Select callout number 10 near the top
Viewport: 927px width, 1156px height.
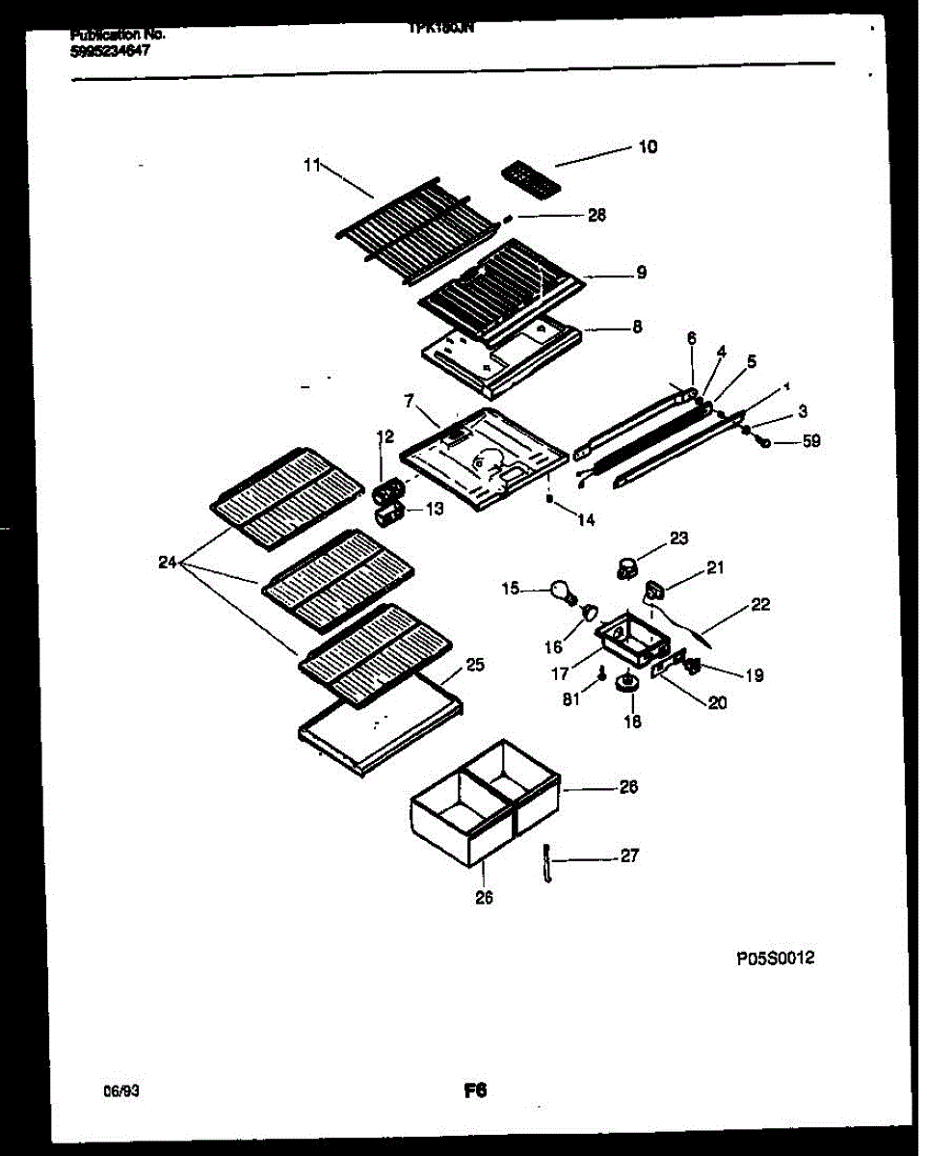tap(648, 146)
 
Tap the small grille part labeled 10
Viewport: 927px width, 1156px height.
tap(529, 179)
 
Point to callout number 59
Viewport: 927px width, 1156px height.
tap(811, 442)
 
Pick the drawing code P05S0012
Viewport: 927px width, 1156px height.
tap(776, 959)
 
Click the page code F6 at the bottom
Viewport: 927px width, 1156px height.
tap(474, 1091)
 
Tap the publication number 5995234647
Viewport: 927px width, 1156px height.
tap(110, 51)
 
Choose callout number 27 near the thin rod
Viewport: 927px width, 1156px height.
tap(628, 855)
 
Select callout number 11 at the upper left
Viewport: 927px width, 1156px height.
tap(310, 166)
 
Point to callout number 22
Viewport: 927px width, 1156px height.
tap(761, 605)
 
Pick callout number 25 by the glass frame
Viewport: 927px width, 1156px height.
tap(474, 665)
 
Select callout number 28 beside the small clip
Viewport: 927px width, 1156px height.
tap(596, 216)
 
